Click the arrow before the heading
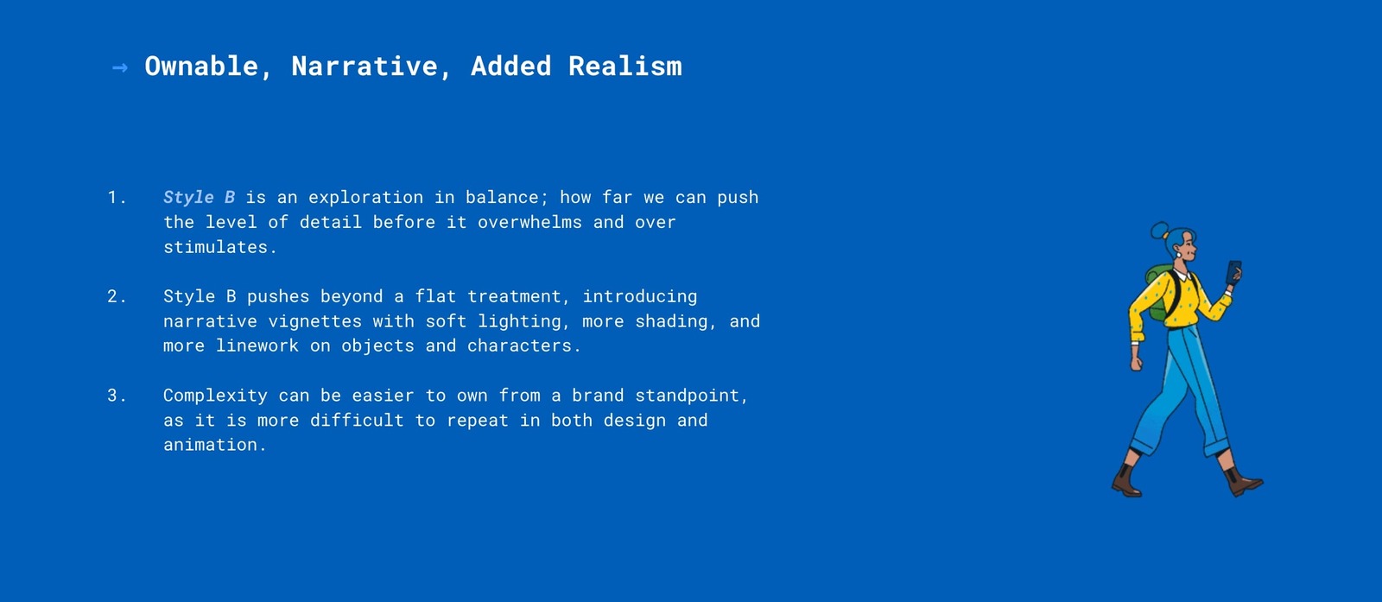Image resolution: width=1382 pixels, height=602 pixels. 120,67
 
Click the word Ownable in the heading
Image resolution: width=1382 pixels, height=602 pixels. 201,66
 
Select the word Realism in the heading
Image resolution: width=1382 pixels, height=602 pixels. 625,66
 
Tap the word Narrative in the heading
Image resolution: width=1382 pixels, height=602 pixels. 364,66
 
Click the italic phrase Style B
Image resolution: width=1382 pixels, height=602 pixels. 199,198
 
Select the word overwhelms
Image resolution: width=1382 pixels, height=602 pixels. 529,222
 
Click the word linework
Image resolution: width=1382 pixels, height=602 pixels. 257,346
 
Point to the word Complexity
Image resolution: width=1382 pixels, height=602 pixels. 215,396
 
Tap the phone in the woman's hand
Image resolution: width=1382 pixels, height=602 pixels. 1233,272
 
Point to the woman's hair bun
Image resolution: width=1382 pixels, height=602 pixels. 1159,230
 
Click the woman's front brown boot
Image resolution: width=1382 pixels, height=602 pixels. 1243,480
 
